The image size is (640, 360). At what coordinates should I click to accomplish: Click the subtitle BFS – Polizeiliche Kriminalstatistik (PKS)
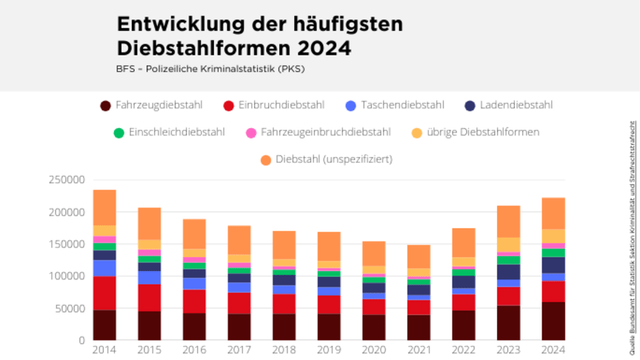(210, 69)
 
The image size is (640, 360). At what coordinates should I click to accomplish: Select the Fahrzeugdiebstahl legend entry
(151, 106)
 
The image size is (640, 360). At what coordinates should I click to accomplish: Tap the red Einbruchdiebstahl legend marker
(229, 106)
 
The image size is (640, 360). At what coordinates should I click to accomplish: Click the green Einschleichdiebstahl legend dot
(119, 133)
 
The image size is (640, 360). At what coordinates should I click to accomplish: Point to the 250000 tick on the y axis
(66, 180)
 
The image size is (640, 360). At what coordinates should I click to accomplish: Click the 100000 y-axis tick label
(66, 276)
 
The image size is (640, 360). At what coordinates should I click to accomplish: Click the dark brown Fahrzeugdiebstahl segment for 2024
(553, 321)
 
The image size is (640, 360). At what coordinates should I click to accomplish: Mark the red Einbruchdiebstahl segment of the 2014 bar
(104, 293)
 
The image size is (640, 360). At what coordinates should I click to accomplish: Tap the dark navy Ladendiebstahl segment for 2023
(508, 272)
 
